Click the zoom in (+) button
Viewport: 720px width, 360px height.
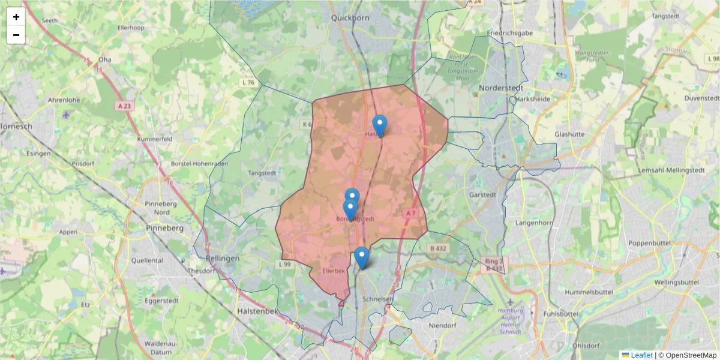(x=16, y=17)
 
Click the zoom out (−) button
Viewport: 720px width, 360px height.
(x=16, y=35)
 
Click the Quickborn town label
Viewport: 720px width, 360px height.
(x=350, y=18)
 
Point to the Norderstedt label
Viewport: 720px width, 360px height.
(x=503, y=88)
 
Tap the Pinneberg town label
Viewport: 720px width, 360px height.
(x=165, y=229)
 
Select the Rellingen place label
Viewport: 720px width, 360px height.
(x=223, y=258)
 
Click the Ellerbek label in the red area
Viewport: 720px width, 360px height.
(x=334, y=271)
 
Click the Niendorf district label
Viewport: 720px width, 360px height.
(x=443, y=326)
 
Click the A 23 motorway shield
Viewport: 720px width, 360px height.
(x=123, y=106)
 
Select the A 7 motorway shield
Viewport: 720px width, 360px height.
(x=410, y=213)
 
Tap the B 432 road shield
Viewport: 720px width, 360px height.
(x=439, y=248)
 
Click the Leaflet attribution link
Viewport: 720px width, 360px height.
(x=641, y=355)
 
